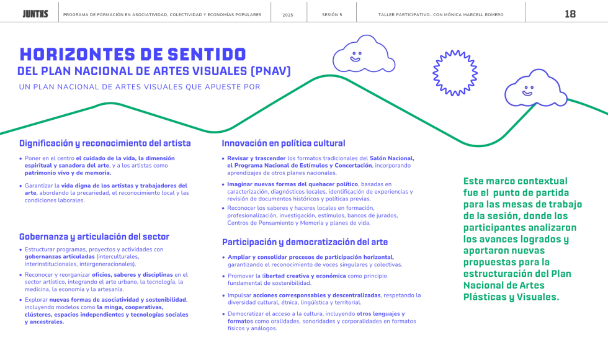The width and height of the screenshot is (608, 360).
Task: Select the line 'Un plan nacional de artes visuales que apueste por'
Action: pos(140,87)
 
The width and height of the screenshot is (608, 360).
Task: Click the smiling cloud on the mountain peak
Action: pos(363,56)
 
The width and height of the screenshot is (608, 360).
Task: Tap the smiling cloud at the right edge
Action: pos(535,89)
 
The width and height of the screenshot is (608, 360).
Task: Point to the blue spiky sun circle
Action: pos(455,73)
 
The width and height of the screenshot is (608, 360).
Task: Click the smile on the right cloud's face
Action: pos(527,93)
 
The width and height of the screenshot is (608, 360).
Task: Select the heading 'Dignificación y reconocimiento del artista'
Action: pos(105,143)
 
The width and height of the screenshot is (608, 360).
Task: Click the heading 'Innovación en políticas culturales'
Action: pos(284,143)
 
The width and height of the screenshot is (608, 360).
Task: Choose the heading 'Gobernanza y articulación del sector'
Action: pos(95,236)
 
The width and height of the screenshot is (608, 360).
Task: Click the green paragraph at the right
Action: pos(522,238)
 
